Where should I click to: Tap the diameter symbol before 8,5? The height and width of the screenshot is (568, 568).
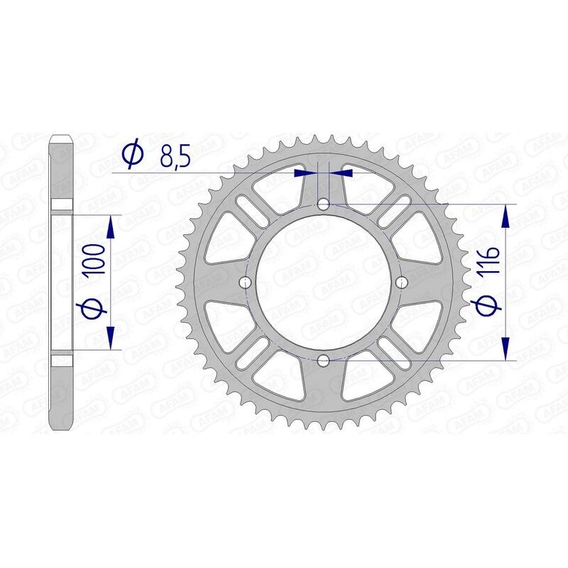[x=133, y=155]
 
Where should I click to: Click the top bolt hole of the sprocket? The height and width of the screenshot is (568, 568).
[x=324, y=204]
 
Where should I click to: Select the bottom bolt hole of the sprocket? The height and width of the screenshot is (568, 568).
[x=324, y=360]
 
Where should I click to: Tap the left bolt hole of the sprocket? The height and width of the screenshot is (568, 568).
[x=246, y=283]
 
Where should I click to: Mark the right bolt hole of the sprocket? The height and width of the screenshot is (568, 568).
[x=401, y=283]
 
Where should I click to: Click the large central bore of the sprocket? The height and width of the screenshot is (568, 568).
[x=324, y=283]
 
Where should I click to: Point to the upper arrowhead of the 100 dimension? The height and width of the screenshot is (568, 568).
[x=110, y=227]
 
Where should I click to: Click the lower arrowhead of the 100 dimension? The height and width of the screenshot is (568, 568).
[x=110, y=338]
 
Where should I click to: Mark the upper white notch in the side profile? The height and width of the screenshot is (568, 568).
[x=62, y=207]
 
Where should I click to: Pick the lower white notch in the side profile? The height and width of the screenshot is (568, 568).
[x=62, y=358]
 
